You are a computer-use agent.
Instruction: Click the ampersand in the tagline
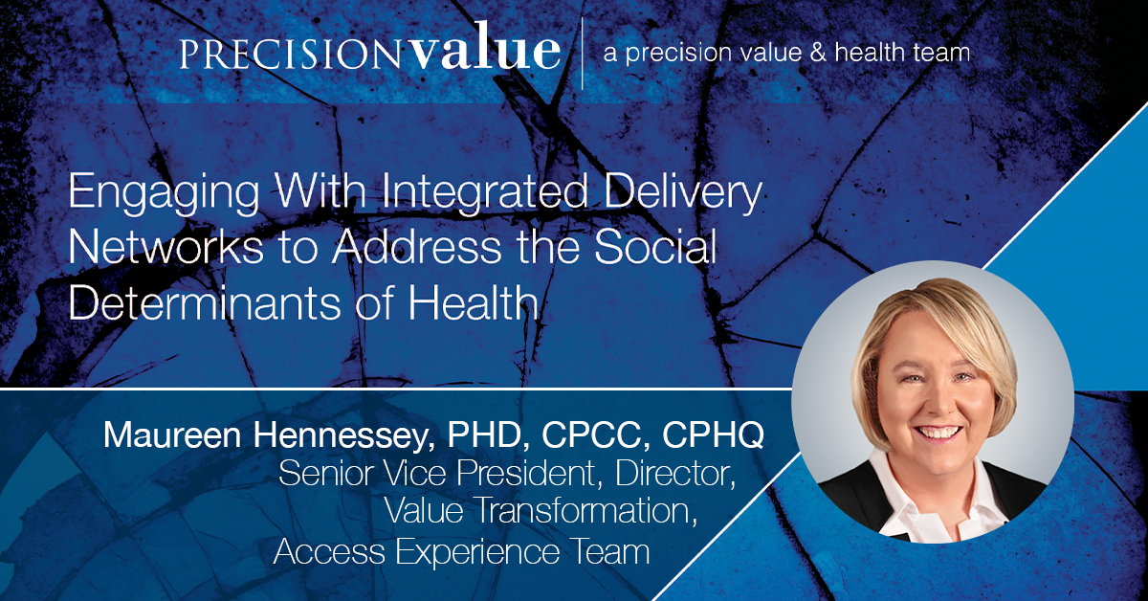[x=818, y=53]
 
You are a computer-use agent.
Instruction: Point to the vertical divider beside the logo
[x=583, y=53]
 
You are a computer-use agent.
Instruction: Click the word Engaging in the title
[x=164, y=193]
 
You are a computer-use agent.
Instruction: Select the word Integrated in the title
[x=485, y=193]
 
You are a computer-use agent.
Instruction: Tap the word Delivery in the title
[x=684, y=193]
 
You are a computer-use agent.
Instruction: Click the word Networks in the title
[x=166, y=247]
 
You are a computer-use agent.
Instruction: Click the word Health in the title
[x=473, y=302]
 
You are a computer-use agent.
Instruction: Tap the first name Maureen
[x=172, y=435]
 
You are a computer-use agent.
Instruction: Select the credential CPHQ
[x=713, y=435]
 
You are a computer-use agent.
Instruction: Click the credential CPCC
[x=590, y=435]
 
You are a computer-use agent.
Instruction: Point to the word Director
[x=675, y=473]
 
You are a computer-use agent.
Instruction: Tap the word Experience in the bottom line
[x=476, y=552]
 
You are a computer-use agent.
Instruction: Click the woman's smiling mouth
[x=938, y=433]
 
